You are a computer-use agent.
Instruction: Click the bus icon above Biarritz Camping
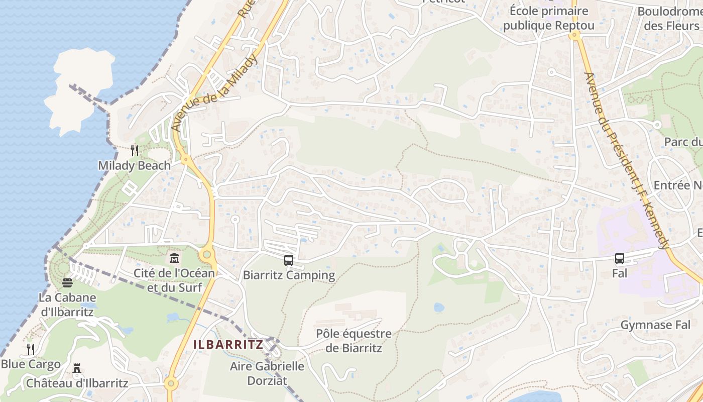tap(288, 260)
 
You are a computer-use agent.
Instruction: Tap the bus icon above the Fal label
tap(620, 258)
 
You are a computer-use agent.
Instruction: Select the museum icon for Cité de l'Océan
tap(174, 258)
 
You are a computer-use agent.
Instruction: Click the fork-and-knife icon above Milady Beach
tap(134, 151)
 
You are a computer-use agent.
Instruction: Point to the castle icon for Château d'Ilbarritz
tap(77, 369)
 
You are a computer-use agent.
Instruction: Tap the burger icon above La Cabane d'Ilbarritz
tap(67, 283)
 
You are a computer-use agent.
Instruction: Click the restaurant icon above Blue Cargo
tap(31, 349)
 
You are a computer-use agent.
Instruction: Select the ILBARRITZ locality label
tap(228, 345)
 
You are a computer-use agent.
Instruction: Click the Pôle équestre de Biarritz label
tap(354, 341)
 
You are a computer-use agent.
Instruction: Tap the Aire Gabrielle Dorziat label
tap(267, 373)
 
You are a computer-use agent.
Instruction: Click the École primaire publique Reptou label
tap(549, 18)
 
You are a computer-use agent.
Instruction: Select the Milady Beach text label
tap(134, 165)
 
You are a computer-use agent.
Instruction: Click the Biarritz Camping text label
tap(289, 275)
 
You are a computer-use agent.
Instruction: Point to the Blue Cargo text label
tap(31, 364)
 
